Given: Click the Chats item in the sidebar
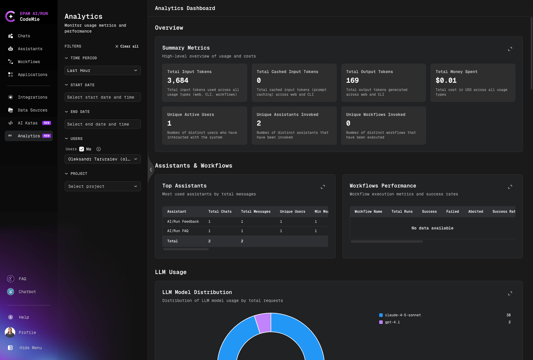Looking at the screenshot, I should click(24, 36).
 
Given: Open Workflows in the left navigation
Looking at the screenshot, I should click(29, 62).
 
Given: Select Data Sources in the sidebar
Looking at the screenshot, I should click(32, 110).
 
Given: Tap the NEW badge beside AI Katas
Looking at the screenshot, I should click(47, 123).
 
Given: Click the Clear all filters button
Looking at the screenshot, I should click(127, 46).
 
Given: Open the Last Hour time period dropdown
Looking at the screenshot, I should click(102, 70).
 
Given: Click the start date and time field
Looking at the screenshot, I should click(102, 97).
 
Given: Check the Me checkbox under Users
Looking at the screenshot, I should click(82, 149).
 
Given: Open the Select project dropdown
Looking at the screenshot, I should click(102, 186).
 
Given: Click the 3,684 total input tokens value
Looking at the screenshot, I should click(178, 80).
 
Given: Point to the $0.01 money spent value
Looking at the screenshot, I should click(446, 80).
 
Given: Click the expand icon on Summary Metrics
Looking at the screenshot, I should click(510, 49).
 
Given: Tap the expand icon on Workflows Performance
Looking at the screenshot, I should click(510, 187).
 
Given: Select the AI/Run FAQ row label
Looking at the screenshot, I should click(178, 231).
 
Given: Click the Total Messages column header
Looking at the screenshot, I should click(256, 212).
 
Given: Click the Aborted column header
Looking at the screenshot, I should click(475, 212).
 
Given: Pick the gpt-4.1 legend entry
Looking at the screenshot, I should click(392, 322).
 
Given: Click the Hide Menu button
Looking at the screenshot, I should click(30, 348).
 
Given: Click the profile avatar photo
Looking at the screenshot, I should click(10, 332).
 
